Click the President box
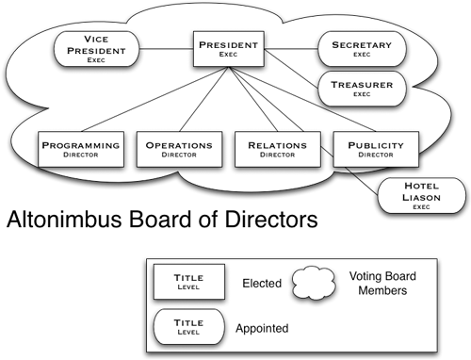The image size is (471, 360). point(226,47)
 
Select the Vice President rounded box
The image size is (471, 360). point(98,47)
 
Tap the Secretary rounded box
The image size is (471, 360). point(362,47)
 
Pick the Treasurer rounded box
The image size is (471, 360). point(362,89)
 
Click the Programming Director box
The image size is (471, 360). point(82,151)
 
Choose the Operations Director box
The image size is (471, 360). point(178,151)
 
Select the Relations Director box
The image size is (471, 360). point(277,151)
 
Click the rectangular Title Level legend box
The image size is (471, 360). point(189,282)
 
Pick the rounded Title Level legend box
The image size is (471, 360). point(189,329)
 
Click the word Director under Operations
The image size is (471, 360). point(178,156)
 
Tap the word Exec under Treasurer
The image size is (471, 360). point(362,94)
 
